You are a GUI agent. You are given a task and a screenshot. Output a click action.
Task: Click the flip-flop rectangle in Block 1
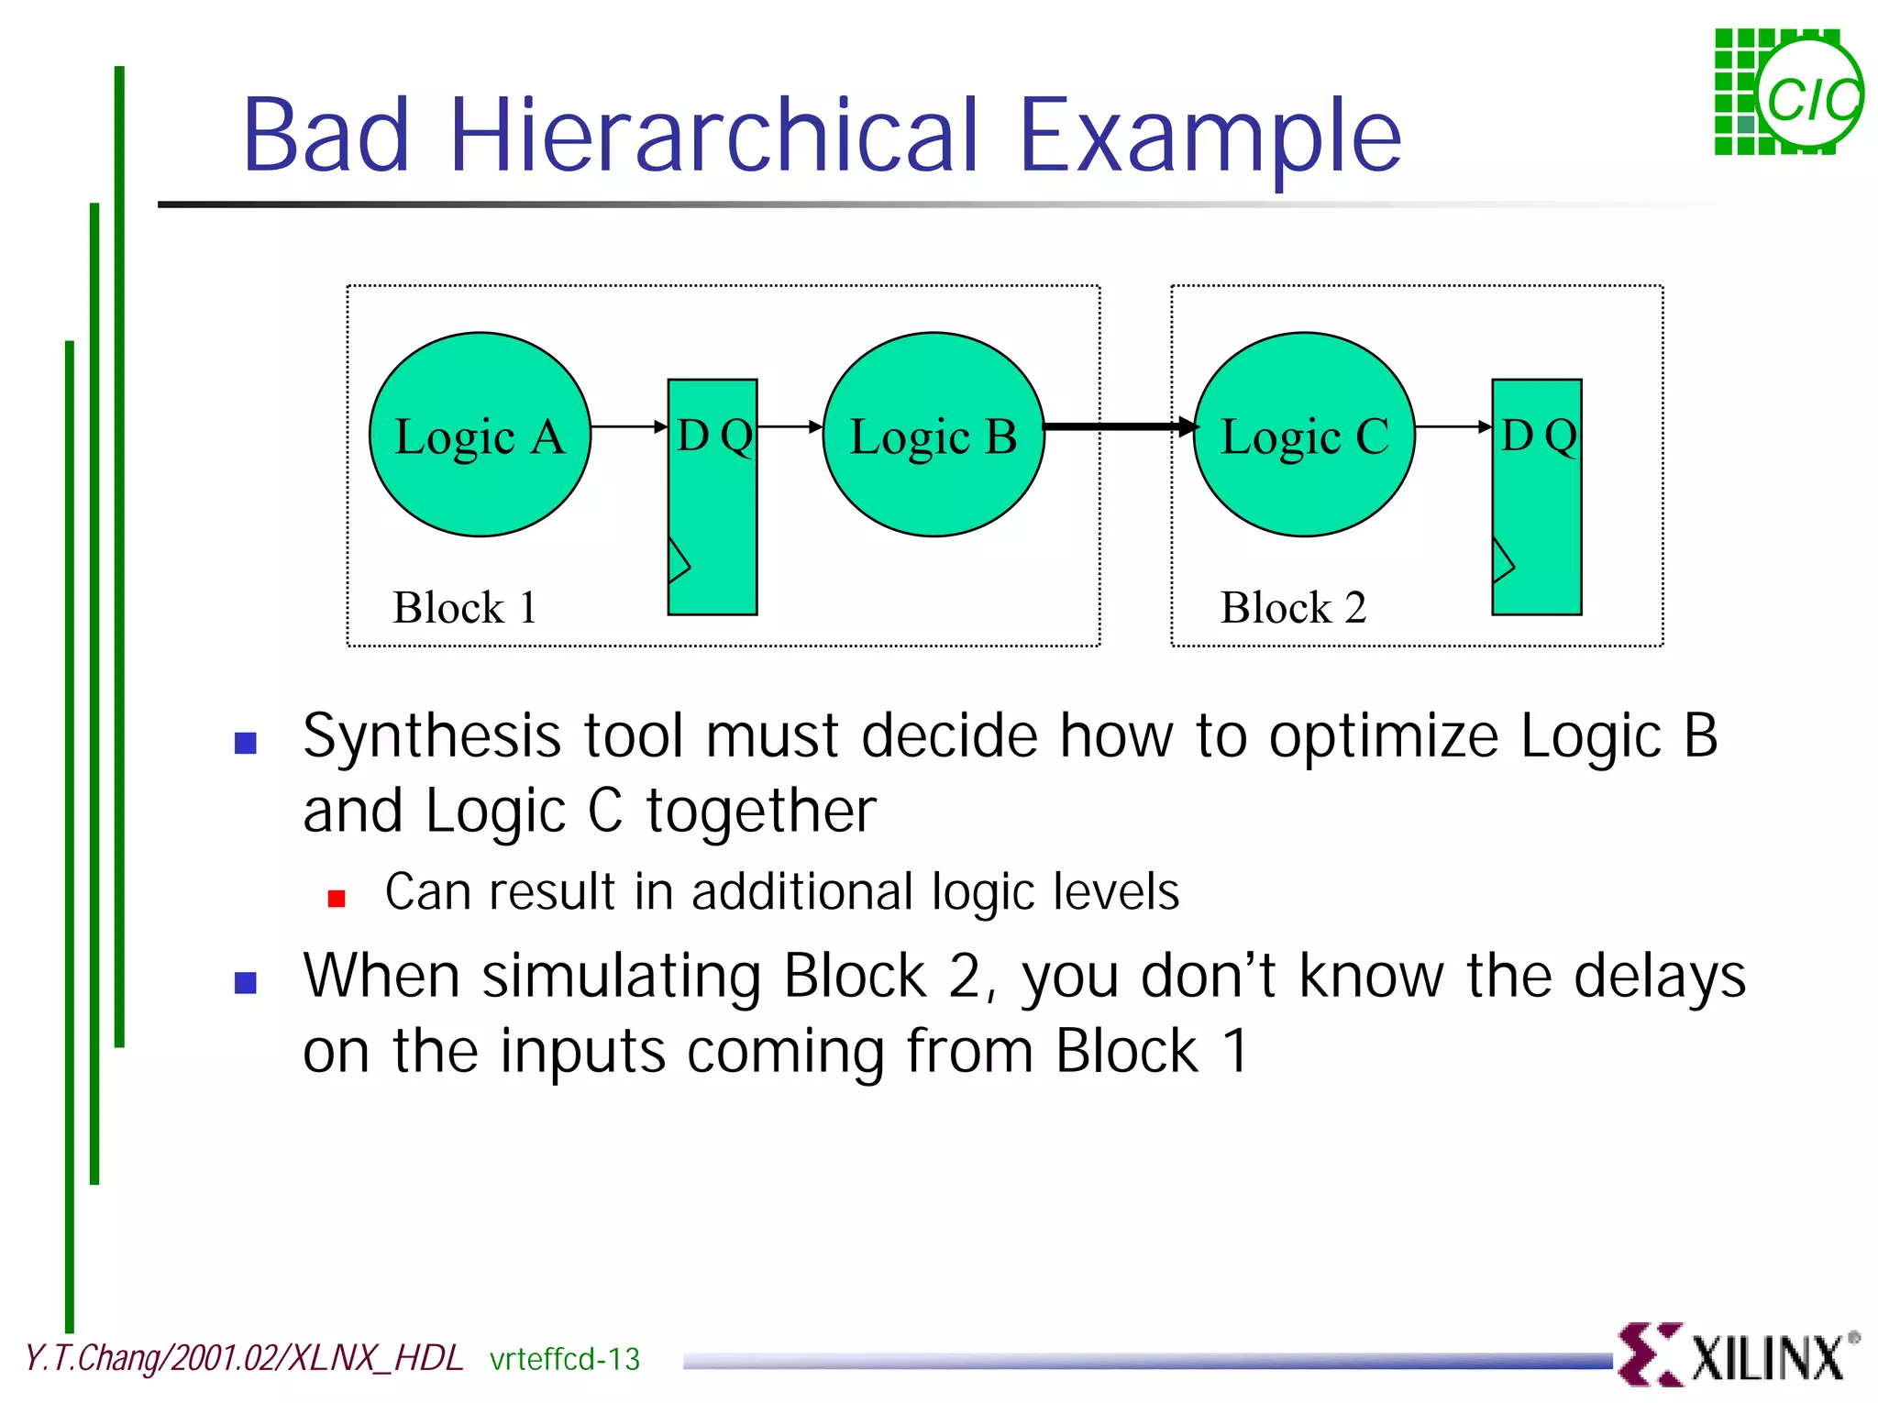pos(713,514)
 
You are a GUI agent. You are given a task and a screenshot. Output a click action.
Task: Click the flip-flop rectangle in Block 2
pos(1537,514)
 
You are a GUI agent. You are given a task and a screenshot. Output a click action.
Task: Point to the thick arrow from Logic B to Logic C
pos(1119,426)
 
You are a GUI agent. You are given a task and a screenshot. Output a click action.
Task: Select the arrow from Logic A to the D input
pos(629,426)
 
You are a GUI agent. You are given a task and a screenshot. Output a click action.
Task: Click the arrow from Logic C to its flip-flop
pos(1453,426)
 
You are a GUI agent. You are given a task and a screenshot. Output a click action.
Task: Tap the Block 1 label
pos(465,607)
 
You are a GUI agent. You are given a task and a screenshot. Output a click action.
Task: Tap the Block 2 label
pos(1293,607)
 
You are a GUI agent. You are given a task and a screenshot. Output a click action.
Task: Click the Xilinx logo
pos(1738,1355)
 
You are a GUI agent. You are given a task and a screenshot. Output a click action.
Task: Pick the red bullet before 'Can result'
pos(337,898)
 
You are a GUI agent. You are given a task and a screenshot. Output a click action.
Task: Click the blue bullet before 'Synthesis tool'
pos(246,742)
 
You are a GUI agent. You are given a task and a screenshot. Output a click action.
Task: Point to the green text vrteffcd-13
pos(565,1359)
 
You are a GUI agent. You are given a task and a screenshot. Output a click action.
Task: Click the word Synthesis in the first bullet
pos(432,737)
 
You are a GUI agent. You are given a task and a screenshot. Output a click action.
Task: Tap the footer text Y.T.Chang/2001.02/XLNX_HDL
pos(244,1358)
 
